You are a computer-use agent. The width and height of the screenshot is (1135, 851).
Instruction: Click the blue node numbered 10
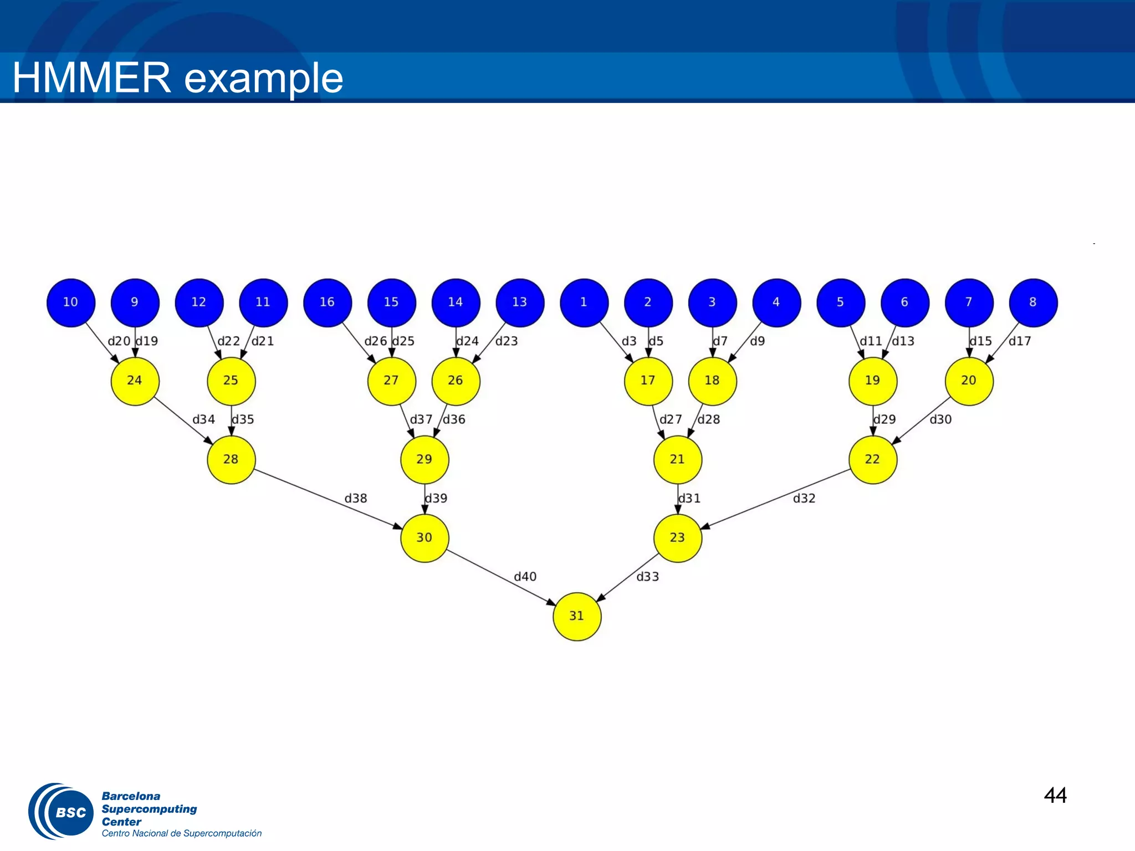(x=71, y=303)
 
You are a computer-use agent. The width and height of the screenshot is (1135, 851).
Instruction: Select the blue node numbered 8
(x=1033, y=303)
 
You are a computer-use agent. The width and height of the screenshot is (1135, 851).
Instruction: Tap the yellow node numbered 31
(x=577, y=616)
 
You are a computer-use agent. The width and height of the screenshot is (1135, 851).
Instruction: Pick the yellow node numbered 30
(x=425, y=538)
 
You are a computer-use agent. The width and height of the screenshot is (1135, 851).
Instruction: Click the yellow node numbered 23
(x=677, y=538)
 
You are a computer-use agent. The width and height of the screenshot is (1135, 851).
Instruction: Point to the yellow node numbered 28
(x=231, y=459)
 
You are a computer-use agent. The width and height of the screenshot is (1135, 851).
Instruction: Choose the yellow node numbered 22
(x=872, y=459)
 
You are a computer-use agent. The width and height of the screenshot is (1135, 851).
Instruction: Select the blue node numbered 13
(x=520, y=303)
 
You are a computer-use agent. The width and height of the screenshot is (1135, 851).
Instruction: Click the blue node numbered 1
(x=584, y=303)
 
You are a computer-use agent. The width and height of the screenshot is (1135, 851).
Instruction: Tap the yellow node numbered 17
(x=648, y=381)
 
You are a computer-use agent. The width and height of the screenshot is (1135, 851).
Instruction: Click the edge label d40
(x=525, y=577)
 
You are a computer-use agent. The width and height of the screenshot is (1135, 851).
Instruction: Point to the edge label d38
(x=356, y=499)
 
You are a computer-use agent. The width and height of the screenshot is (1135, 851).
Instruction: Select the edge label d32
(x=804, y=499)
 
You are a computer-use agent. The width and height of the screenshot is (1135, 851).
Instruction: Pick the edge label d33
(x=647, y=577)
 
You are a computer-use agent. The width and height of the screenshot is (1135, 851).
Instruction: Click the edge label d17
(x=1020, y=341)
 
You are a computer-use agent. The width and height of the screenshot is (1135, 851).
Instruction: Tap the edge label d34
(x=203, y=419)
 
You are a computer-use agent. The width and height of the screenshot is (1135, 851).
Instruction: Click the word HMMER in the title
(x=92, y=78)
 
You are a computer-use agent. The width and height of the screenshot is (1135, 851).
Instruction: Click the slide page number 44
(x=1055, y=796)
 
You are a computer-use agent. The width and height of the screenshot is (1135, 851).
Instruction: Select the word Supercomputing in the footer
(x=149, y=809)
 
